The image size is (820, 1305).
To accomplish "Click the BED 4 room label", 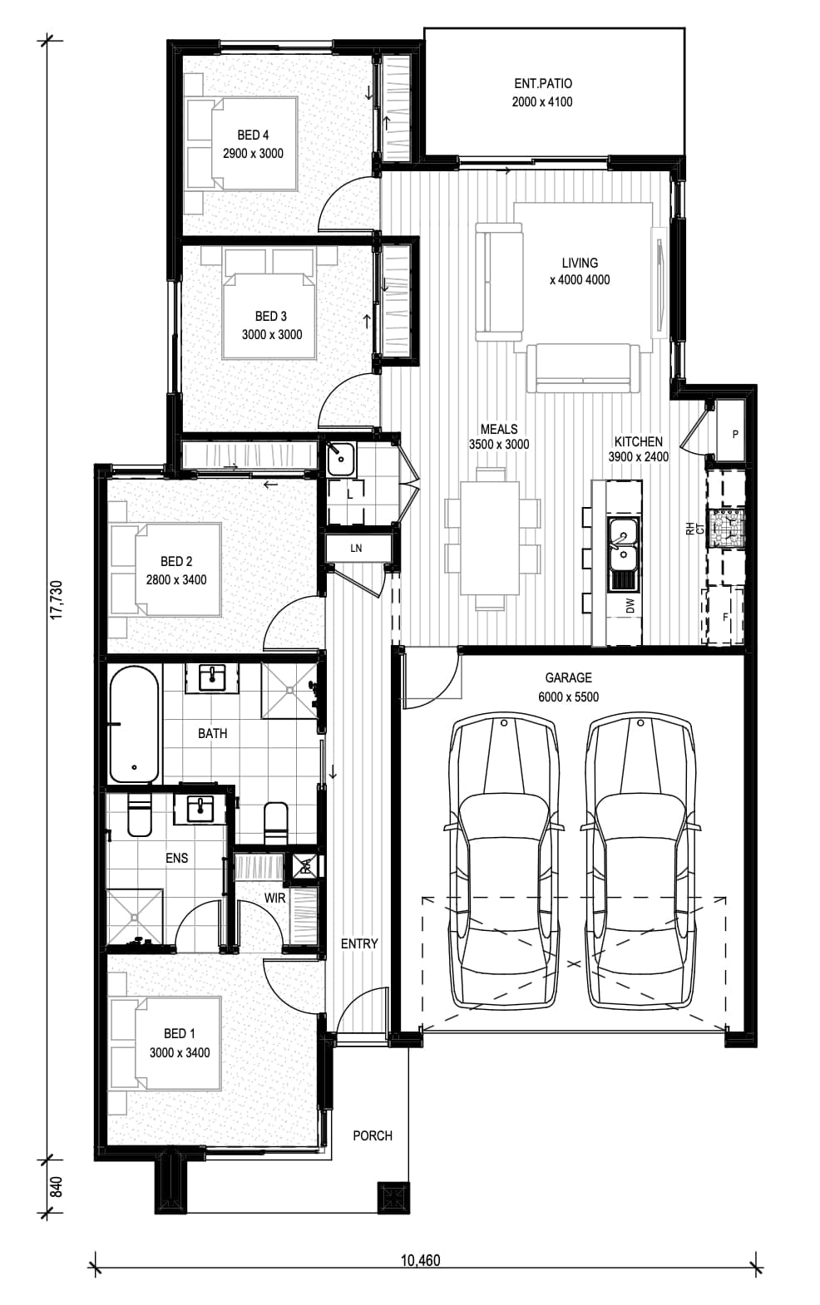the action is click(x=253, y=135).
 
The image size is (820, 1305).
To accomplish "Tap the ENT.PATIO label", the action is click(x=542, y=83).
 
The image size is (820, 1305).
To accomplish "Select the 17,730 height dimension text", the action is click(x=57, y=599).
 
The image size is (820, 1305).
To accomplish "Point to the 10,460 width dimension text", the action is click(x=420, y=1261).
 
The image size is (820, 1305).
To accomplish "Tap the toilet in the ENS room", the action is click(x=139, y=815).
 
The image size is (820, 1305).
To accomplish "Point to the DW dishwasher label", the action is click(x=630, y=606).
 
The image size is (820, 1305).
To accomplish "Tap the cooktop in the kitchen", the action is click(x=726, y=527).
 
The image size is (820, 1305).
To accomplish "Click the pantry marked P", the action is click(x=731, y=431).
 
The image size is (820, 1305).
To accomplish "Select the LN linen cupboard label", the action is click(x=356, y=549).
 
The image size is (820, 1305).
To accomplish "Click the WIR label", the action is click(x=274, y=898).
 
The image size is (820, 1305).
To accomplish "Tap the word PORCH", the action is click(x=373, y=1135).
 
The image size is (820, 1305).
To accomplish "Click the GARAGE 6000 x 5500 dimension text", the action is click(x=569, y=697).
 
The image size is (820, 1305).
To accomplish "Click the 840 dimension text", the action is click(x=56, y=1187).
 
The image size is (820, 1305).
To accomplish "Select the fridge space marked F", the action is click(x=726, y=617).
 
